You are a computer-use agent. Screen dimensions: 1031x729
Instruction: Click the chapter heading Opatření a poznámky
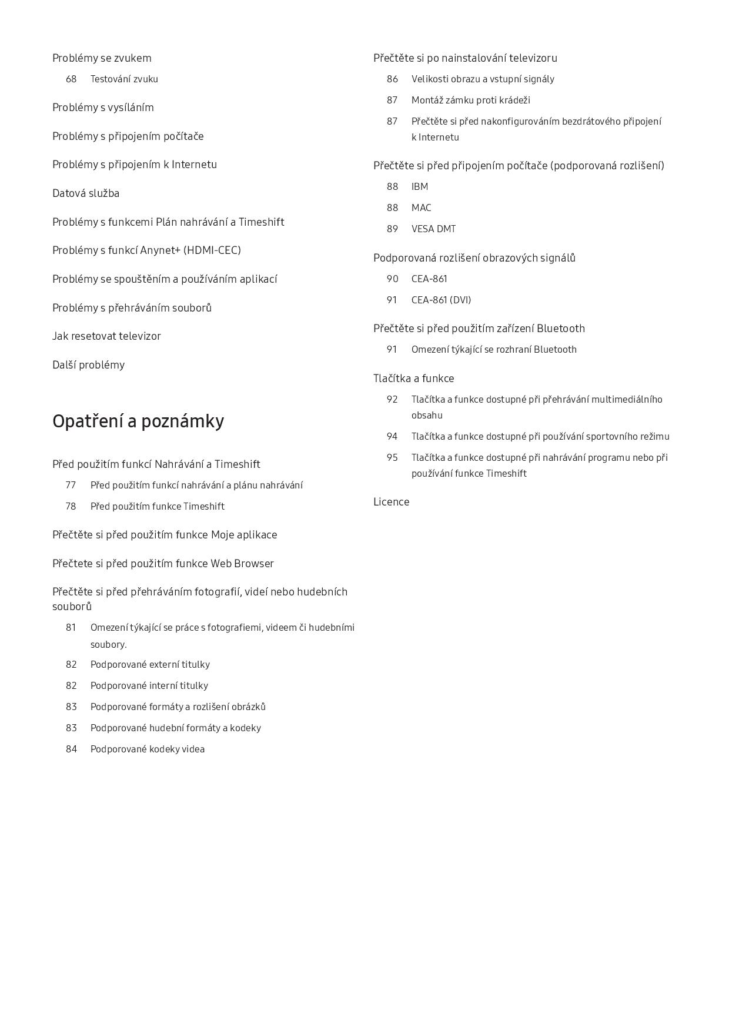coord(138,421)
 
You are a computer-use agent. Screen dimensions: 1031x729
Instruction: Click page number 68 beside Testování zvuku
coord(71,79)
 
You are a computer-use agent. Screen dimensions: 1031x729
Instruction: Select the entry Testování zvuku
coord(124,79)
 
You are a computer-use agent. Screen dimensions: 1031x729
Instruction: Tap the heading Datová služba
coord(86,193)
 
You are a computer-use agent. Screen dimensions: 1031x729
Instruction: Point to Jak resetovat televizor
coord(106,336)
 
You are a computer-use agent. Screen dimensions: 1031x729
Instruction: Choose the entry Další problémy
coord(88,365)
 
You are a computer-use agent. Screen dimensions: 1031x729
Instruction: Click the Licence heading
coord(391,502)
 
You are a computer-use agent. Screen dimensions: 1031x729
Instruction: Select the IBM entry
coord(420,187)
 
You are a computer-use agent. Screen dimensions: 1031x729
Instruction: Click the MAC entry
coord(421,208)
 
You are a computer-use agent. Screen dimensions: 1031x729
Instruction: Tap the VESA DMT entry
coord(433,229)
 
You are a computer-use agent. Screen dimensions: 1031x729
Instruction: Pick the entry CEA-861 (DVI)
coord(441,300)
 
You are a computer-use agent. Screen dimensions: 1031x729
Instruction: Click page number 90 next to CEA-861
coord(392,279)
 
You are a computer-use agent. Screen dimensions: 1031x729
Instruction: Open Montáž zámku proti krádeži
coord(470,101)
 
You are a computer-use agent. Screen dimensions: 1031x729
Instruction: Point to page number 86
coord(392,79)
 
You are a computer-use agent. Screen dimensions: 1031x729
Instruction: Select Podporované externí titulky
coord(150,665)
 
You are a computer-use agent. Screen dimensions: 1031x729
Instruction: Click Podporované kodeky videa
coord(148,749)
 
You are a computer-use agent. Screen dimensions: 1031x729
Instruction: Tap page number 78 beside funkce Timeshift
coord(71,507)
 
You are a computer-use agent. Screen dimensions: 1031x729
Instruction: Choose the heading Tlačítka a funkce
coord(413,379)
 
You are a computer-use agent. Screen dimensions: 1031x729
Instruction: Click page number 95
coord(392,458)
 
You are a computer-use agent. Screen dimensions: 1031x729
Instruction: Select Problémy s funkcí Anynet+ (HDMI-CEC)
coord(146,250)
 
